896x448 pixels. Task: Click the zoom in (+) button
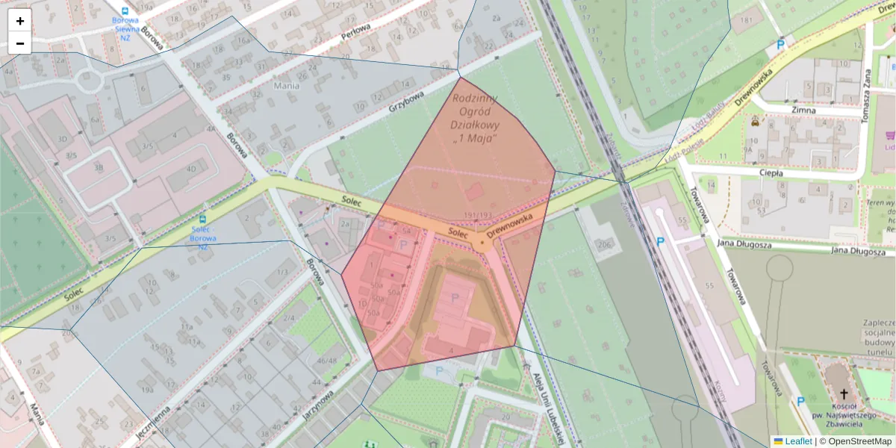20,21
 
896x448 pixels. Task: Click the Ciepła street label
771,172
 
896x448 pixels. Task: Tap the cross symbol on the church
844,393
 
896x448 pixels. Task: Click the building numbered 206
604,244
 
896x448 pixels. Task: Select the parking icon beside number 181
781,44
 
